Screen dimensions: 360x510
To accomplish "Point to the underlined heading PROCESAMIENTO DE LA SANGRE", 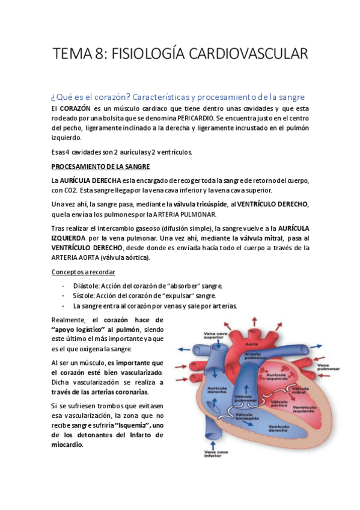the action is point(100,167).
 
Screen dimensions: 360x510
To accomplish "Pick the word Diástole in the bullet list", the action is point(85,285).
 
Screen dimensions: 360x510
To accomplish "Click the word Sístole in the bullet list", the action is point(84,295).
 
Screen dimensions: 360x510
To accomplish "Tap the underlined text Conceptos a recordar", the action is point(82,272).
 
